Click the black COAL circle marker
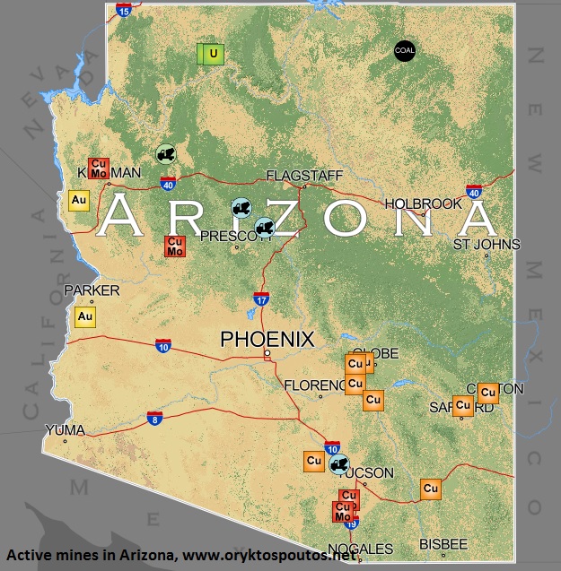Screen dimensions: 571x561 click(405, 51)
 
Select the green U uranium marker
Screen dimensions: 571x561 click(212, 54)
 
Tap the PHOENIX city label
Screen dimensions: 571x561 click(267, 340)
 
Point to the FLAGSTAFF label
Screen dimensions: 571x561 click(304, 176)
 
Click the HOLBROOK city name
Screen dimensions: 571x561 click(423, 203)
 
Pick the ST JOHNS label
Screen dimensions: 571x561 click(486, 244)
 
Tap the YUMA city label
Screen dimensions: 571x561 click(65, 430)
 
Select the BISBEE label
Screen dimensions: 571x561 click(443, 544)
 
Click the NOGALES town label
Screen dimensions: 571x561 click(360, 549)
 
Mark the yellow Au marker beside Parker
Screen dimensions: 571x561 click(85, 316)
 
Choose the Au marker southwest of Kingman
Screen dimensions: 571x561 click(78, 201)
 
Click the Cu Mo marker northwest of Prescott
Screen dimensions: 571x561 click(175, 247)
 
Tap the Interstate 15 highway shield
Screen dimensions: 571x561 click(124, 10)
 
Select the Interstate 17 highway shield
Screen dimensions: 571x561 click(261, 300)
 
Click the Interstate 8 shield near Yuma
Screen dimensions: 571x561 click(154, 419)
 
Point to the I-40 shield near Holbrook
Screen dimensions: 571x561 click(474, 191)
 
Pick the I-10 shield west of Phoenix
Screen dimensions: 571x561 click(162, 345)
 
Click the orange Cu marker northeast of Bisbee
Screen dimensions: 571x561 click(431, 489)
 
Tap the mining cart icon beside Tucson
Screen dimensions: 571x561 click(338, 463)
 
